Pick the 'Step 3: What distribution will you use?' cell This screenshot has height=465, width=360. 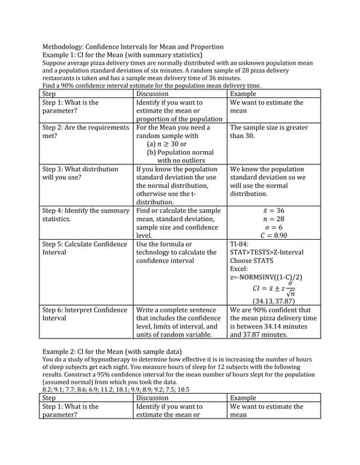87,174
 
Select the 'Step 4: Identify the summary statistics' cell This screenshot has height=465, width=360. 87,214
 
